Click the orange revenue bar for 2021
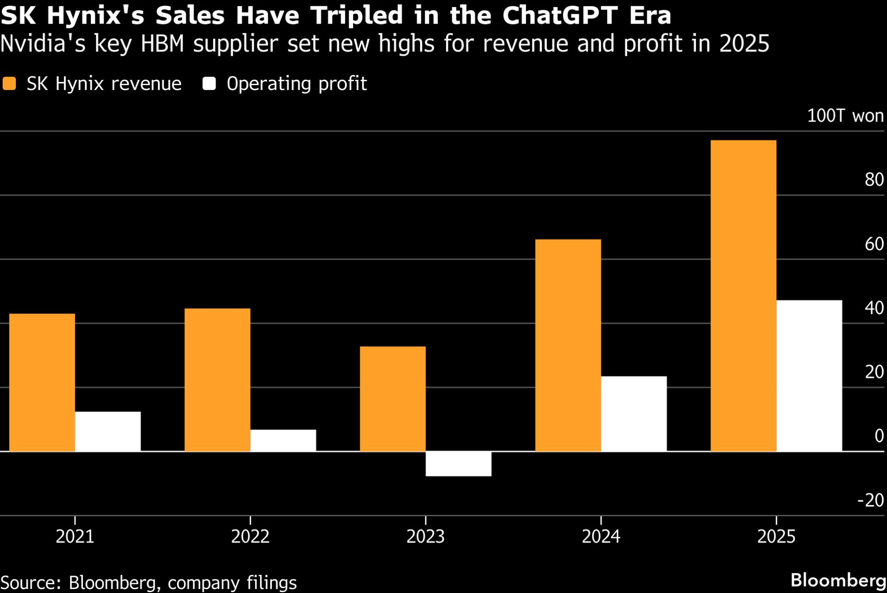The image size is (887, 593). [42, 382]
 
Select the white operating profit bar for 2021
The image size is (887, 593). [108, 432]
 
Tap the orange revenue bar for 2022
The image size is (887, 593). [217, 380]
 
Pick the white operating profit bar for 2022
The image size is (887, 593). [283, 440]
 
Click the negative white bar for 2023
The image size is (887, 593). [458, 464]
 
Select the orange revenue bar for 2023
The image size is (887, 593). [392, 399]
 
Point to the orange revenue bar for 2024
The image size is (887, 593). [568, 345]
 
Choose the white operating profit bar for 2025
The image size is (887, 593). [809, 376]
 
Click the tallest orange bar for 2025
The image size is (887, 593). [743, 296]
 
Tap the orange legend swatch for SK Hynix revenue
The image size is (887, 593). [9, 83]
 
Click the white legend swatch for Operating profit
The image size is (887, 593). [209, 83]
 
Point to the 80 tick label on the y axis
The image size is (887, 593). [874, 180]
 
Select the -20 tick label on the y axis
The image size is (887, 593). [871, 500]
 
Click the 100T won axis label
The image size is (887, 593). [845, 116]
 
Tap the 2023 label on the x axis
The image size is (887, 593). [425, 537]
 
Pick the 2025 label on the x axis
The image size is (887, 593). [776, 537]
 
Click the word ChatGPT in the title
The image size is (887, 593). [560, 16]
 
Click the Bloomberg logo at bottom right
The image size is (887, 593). [838, 580]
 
